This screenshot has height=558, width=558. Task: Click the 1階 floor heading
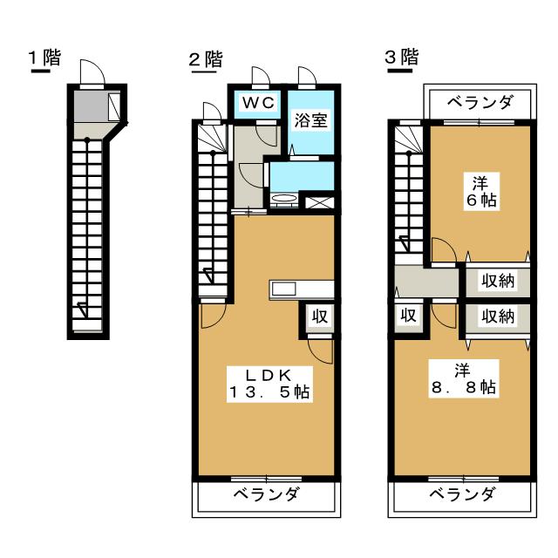[44, 58]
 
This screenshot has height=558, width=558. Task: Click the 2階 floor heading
[206, 59]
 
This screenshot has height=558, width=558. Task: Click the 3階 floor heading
[402, 57]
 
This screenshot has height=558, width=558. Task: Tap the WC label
[259, 103]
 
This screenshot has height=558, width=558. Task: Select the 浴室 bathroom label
[310, 120]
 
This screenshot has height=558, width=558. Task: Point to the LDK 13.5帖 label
[269, 384]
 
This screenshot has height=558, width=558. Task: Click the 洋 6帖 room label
[481, 192]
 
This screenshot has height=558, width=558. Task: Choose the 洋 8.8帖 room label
[463, 378]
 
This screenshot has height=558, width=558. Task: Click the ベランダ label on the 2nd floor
[267, 494]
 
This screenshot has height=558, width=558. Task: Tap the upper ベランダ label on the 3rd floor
[480, 103]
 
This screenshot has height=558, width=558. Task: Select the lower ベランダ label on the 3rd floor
[462, 494]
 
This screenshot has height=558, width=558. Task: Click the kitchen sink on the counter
[283, 289]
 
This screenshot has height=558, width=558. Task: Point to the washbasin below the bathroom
[284, 200]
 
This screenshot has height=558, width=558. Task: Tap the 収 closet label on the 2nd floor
[320, 316]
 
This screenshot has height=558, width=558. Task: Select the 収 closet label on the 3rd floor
[408, 315]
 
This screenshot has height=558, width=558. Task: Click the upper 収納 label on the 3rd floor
[498, 281]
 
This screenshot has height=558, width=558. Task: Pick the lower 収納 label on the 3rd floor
[498, 316]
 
